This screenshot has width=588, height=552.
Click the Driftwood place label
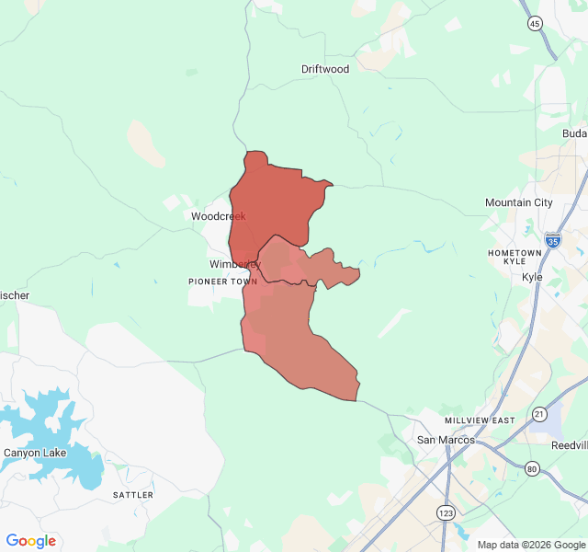325,69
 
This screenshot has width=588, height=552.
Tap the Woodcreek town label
219,216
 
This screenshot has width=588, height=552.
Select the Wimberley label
235,264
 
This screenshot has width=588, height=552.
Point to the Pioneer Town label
223,282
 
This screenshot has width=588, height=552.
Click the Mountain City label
519,202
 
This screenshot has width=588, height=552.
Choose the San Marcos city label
446,440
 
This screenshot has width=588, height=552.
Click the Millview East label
480,420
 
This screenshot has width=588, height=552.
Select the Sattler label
133,495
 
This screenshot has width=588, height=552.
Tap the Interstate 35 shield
552,241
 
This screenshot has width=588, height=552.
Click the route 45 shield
535,24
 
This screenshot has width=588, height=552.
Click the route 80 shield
532,468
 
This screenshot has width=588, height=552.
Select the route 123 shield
445,512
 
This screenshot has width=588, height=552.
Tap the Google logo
31,541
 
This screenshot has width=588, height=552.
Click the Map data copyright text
529,545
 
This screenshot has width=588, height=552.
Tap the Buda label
574,133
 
